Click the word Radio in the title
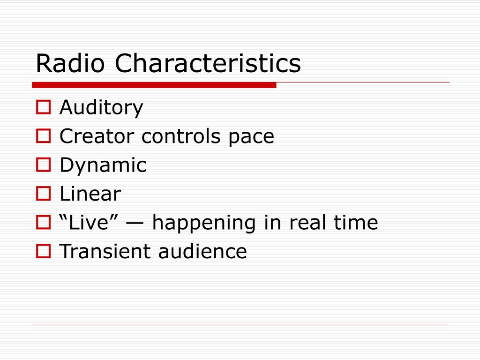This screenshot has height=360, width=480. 70,63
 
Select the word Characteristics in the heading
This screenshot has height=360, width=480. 208,63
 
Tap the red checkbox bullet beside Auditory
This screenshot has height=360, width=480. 44,107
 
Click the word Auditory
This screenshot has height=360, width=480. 101,108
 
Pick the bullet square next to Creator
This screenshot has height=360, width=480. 44,136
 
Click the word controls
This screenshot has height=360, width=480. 181,136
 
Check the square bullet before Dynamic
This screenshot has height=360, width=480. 44,165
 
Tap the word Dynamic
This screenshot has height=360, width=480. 103,165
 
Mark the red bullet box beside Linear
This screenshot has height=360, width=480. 44,194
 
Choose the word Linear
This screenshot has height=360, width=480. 90,194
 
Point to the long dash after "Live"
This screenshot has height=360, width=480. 135,224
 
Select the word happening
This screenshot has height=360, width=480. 204,223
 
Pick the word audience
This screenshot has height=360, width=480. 202,251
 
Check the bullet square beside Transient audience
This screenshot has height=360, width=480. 44,251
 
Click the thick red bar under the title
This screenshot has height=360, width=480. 154,85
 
